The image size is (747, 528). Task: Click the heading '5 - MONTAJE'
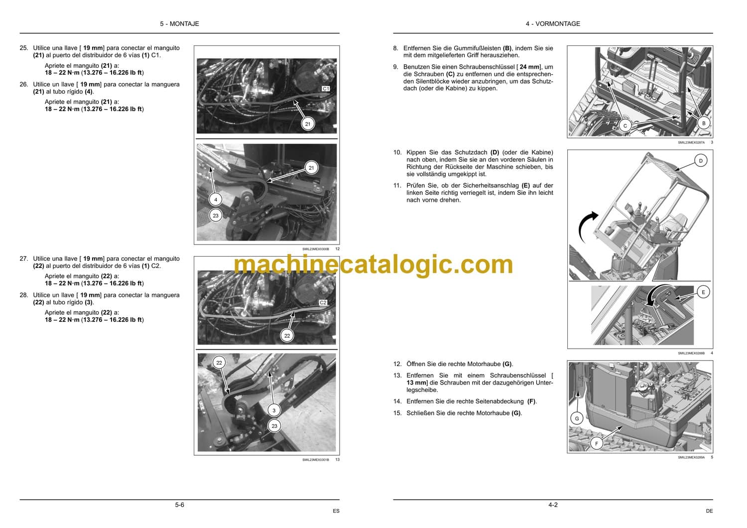point(179,24)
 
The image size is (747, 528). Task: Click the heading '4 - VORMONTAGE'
point(553,24)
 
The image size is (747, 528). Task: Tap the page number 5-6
point(179,505)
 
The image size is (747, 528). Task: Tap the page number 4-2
point(553,505)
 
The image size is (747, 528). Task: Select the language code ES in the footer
point(336,511)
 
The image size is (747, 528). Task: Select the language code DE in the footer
point(709,511)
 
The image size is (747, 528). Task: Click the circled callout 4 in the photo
point(216,199)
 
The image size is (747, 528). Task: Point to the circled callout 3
point(274,410)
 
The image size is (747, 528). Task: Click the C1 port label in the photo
point(326,88)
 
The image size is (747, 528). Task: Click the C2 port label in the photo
point(323,302)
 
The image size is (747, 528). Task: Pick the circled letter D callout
point(701,160)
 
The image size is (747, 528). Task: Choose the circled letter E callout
point(703,292)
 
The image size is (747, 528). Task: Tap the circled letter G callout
point(577,418)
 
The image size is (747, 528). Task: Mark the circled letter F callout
point(596,443)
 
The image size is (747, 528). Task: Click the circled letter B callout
point(704,123)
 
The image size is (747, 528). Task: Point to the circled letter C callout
point(625,126)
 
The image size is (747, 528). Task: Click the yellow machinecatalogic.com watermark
point(373,265)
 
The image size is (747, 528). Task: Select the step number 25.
point(24,48)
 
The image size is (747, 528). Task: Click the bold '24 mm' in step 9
point(529,67)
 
